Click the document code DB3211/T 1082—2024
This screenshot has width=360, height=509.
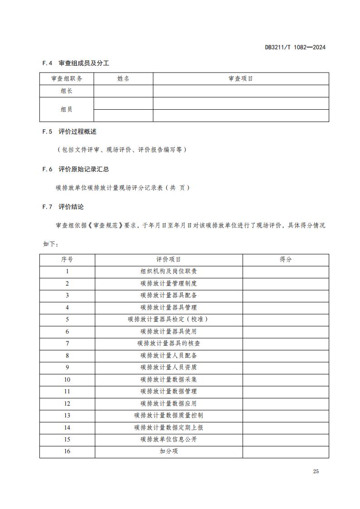(x=295, y=47)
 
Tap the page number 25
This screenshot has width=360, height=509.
(x=316, y=471)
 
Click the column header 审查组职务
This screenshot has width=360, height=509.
(x=67, y=79)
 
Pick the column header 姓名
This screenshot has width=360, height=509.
(x=123, y=79)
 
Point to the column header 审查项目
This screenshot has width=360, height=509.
(x=241, y=79)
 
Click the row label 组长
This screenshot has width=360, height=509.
(x=67, y=91)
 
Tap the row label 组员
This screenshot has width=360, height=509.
(x=67, y=109)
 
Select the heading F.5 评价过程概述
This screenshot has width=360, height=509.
(x=69, y=132)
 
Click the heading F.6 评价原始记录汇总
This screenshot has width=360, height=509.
(x=76, y=169)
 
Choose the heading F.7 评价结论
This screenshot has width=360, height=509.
(x=63, y=207)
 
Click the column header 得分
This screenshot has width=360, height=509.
(x=286, y=260)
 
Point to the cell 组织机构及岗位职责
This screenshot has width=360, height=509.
(x=169, y=271)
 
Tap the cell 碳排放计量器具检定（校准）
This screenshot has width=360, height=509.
(x=169, y=320)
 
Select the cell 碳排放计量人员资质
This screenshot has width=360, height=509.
(x=169, y=368)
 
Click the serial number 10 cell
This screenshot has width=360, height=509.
(x=67, y=379)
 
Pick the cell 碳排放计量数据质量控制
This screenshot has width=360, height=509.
(x=169, y=415)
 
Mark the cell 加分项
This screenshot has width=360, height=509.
(x=169, y=451)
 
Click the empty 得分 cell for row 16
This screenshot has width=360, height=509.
(x=286, y=451)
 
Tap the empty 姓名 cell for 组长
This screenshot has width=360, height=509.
(x=123, y=91)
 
